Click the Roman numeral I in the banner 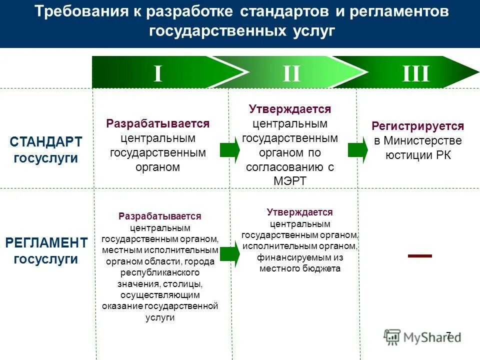click(158, 73)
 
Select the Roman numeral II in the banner click(291, 73)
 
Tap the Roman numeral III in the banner click(416, 73)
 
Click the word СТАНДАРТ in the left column click(45, 142)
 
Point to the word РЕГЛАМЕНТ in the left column click(46, 243)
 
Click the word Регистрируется click(418, 126)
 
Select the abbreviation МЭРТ click(289, 181)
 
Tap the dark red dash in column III click(419, 255)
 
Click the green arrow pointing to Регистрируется click(358, 149)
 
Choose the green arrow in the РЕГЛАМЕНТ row click(229, 254)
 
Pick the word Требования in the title click(81, 12)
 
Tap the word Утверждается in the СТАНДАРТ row click(290, 109)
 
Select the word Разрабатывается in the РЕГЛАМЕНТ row click(160, 216)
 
